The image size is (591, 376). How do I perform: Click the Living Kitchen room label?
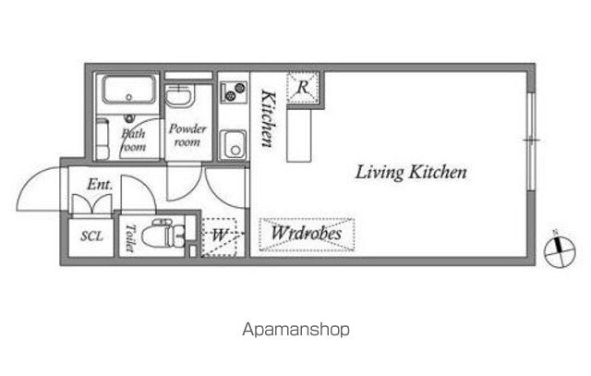tap(411, 173)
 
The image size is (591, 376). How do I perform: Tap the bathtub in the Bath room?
tap(129, 90)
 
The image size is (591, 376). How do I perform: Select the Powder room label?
tap(187, 135)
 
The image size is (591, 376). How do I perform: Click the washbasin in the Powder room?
tap(180, 96)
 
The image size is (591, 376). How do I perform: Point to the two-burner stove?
tap(234, 92)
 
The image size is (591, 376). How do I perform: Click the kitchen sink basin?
tap(234, 144)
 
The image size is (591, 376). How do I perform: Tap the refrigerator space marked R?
tap(303, 88)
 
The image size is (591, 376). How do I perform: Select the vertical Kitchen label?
tap(268, 118)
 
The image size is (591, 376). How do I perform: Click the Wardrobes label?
tap(307, 234)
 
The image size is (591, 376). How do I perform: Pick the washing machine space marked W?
tap(220, 237)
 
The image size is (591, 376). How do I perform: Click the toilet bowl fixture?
tap(163, 236)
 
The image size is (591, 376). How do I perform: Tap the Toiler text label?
tap(129, 238)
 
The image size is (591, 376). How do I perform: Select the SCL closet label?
tap(91, 237)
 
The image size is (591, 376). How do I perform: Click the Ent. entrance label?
tap(100, 185)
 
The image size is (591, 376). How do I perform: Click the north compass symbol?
tap(560, 250)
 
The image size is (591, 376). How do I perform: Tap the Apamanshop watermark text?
tap(295, 330)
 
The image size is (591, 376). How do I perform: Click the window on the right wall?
tap(531, 140)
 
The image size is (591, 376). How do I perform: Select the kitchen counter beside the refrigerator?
tap(299, 136)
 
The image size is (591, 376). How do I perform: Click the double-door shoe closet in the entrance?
tap(91, 204)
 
